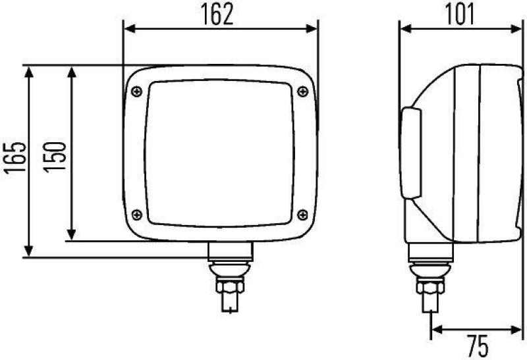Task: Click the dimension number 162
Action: coord(218,14)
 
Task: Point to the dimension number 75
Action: coord(476,345)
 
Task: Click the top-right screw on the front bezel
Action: coord(303,91)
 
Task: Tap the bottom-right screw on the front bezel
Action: coord(303,213)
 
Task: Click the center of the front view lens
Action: coord(219,152)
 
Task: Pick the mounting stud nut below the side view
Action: coord(430,288)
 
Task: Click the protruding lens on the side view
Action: coord(410,152)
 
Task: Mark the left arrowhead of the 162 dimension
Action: coord(129,29)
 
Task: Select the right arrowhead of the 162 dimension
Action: coord(313,29)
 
